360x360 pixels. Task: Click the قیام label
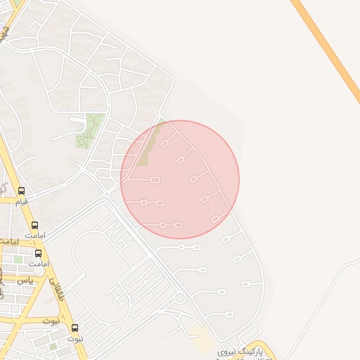pos(22,201)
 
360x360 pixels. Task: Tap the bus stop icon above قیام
pos(22,191)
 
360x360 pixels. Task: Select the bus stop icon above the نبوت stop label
pos(75,328)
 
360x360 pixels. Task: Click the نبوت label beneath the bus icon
pos(75,338)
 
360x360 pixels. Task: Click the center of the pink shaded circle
pos(180,179)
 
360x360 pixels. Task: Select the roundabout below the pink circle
pos(179,298)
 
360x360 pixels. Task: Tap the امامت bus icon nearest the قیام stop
pos(34,225)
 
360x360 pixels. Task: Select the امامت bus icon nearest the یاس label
pos(38,253)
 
